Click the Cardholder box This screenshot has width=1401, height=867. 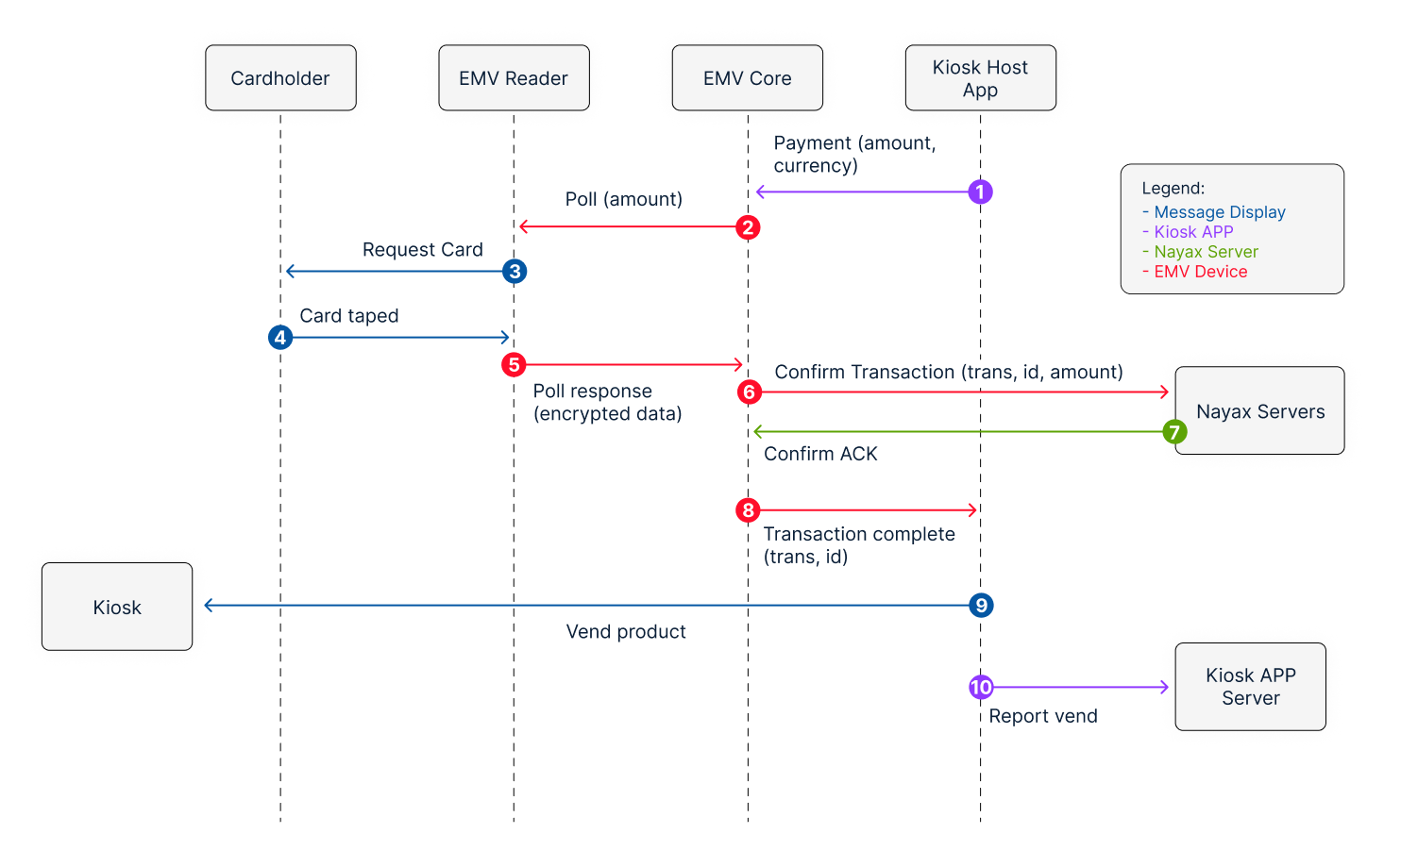point(280,77)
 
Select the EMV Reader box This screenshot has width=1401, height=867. point(515,77)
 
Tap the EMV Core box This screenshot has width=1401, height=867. point(748,77)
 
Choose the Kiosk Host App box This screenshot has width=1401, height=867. point(981,77)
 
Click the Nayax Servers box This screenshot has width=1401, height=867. point(1259,410)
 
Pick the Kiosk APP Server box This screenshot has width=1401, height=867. point(1250,687)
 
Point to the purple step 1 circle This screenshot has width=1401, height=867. point(981,192)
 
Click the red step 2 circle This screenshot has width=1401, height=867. point(748,227)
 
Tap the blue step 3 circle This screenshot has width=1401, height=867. point(515,272)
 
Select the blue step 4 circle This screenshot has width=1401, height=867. point(280,338)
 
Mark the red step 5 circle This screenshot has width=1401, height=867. point(515,364)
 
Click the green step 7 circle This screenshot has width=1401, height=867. point(1174,431)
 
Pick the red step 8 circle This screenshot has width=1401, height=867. point(748,510)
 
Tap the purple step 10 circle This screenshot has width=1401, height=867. point(981,687)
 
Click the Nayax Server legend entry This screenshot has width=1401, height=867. point(1200,251)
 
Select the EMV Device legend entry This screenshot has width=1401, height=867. point(1194,272)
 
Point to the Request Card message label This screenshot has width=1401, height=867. point(423,249)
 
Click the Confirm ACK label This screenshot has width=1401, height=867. point(820,453)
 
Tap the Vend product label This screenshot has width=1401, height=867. point(626,631)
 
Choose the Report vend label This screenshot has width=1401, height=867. point(1043,716)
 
